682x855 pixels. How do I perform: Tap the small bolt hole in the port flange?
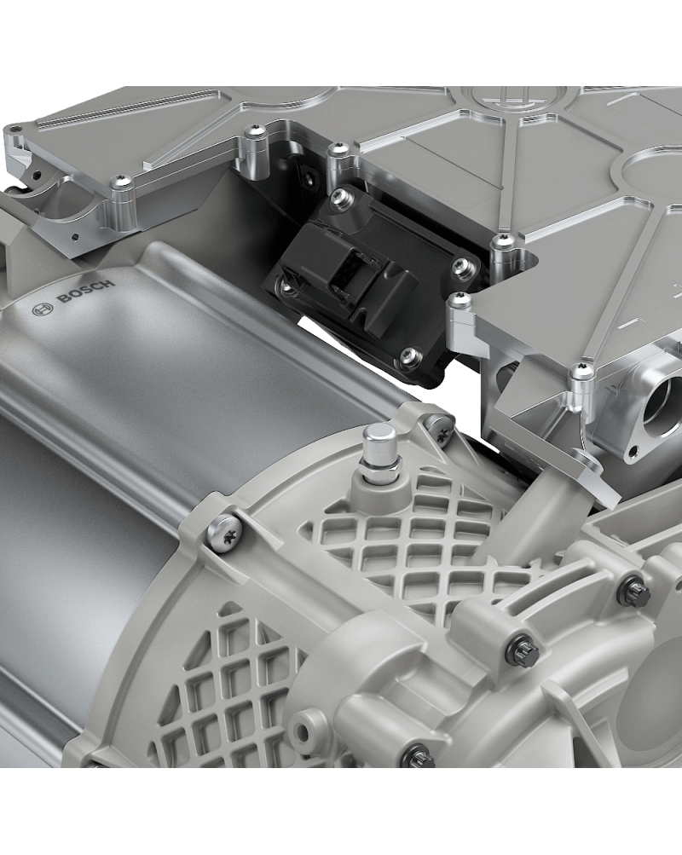[x=634, y=451]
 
